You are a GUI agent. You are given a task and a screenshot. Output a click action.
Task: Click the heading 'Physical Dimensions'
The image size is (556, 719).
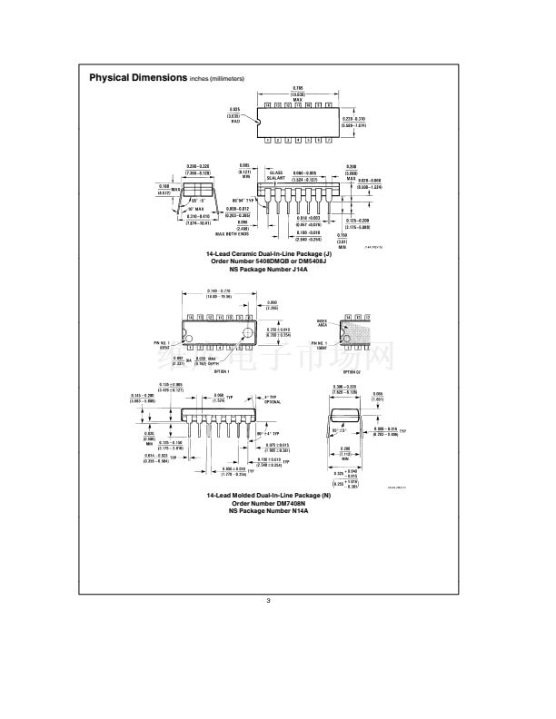tap(137, 78)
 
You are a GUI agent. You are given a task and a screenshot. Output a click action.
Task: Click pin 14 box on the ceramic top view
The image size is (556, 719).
tap(267, 106)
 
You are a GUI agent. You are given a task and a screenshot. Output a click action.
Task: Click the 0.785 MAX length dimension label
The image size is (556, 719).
tap(297, 94)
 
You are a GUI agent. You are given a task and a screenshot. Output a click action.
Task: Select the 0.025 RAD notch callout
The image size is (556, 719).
tap(234, 116)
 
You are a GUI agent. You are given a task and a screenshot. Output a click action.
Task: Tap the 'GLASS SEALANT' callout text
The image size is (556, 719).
tap(277, 173)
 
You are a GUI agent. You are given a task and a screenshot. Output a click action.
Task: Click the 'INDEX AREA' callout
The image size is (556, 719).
tap(322, 322)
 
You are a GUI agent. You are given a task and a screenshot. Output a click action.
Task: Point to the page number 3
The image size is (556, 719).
tap(268, 599)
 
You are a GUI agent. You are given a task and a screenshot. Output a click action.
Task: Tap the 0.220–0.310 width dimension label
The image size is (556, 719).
tap(352, 123)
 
